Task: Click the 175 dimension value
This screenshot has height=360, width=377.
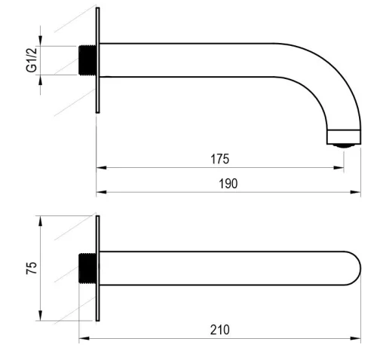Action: coord(219,159)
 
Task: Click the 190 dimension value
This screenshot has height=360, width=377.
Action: coord(228,184)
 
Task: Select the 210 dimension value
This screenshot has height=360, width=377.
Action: coord(220,330)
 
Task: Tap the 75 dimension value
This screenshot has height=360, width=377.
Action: coord(32,268)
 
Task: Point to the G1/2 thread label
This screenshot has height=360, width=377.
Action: coord(32,59)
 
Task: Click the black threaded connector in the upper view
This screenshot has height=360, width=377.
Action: coord(87,60)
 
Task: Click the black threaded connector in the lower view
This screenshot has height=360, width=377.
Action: coord(87,268)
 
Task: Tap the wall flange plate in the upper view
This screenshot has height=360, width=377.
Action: coord(98,60)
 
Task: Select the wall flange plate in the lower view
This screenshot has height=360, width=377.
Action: coord(98,268)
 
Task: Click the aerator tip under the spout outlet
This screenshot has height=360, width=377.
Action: coord(344,145)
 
